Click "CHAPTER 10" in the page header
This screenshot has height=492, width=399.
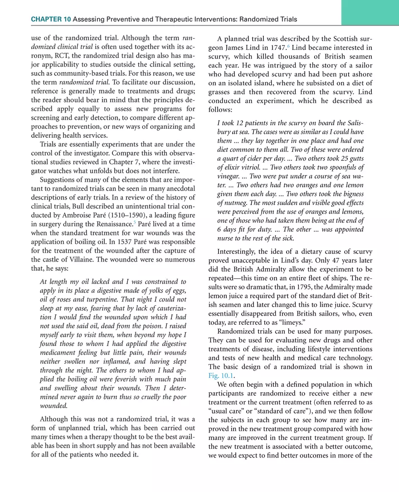point(51,19)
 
